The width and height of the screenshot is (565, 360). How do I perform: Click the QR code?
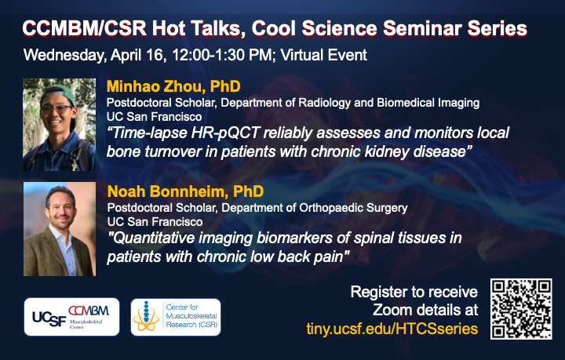coord(521,308)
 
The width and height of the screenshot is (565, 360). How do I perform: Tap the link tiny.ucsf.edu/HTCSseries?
coord(392,329)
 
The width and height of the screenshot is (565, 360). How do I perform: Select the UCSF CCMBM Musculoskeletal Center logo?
coord(71,317)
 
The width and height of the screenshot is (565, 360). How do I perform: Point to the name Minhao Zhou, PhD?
coord(173,86)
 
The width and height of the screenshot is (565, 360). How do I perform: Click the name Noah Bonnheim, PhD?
coord(185,191)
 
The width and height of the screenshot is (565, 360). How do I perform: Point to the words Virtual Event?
coord(323,55)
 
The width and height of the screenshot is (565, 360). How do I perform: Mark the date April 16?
coord(138,56)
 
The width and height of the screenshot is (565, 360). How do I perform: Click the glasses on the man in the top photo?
coord(56,109)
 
